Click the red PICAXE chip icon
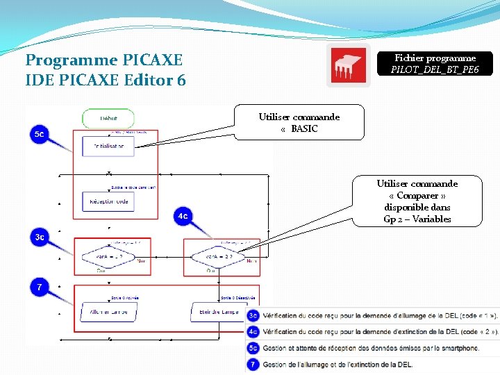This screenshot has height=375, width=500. tap(349, 65)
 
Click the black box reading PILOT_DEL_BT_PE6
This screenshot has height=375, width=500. tap(435, 64)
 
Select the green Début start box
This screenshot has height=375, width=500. tap(108, 118)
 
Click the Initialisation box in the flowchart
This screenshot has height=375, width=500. tap(108, 146)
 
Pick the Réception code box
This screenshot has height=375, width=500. tap(108, 201)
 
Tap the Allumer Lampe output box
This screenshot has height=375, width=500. tap(108, 312)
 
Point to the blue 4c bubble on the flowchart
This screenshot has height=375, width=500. tap(182, 217)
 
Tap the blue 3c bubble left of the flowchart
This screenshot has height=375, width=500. tap(40, 237)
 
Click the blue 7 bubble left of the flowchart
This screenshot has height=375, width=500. tap(39, 287)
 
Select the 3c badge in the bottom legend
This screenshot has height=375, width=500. tap(253, 316)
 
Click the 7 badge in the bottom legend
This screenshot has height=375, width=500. tap(253, 364)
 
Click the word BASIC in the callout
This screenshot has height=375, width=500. tap(304, 128)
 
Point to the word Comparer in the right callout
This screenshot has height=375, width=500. tap(417, 195)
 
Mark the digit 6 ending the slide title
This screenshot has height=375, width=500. tap(181, 81)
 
